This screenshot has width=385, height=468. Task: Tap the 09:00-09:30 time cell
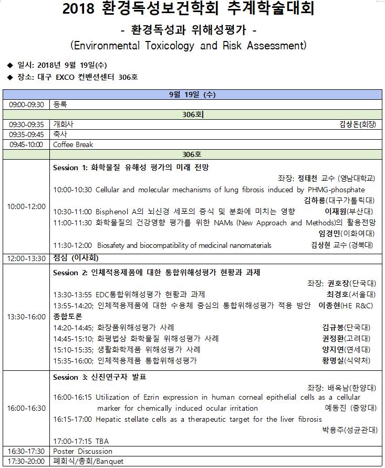pos(26,105)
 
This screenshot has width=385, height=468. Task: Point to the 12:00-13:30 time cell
pos(26,258)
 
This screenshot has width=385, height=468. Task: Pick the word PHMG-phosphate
pos(336,190)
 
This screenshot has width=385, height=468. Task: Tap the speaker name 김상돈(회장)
pos(361,124)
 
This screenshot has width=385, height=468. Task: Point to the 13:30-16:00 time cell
pos(26,317)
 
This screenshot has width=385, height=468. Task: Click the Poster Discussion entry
pos(82,451)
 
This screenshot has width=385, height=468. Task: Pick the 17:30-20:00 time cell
pos(26,462)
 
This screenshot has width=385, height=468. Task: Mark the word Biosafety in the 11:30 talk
pos(113,245)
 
